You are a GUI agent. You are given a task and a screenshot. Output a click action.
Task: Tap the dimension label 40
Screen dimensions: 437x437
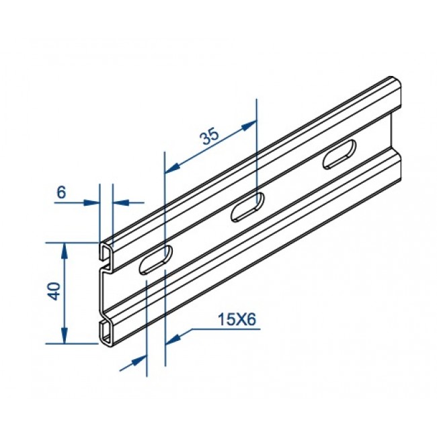coord(54,291)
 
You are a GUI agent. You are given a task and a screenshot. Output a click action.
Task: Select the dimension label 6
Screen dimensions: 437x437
coord(61,192)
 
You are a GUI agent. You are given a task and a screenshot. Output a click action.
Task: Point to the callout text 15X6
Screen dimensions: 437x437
coord(237,319)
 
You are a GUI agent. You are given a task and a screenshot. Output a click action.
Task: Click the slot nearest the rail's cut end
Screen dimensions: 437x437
coord(156,260)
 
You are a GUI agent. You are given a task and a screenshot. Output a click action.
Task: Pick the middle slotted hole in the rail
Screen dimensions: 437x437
coord(248,207)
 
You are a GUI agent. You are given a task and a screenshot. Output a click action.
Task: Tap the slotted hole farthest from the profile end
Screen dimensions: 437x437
coord(340,154)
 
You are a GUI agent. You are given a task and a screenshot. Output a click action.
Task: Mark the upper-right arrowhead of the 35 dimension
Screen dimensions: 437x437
coord(249,125)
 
